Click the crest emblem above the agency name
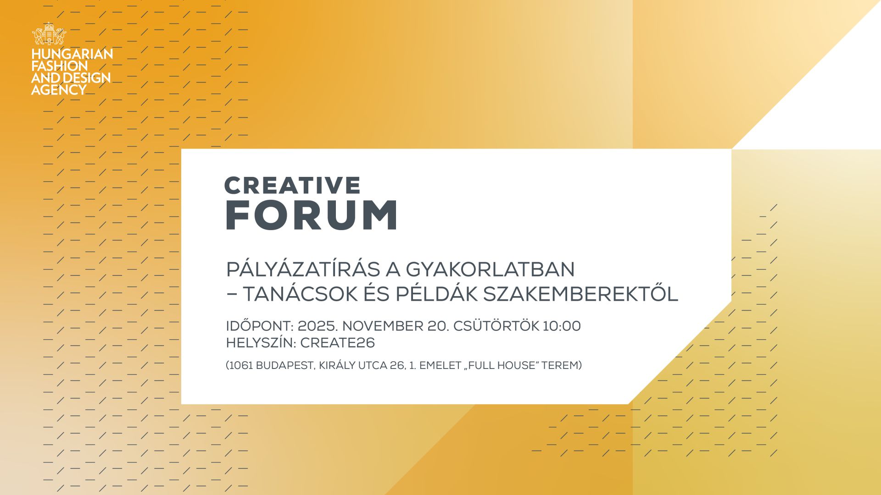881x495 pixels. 49,34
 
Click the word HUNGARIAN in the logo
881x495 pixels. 72,55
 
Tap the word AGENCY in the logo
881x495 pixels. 59,90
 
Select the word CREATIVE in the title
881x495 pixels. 292,186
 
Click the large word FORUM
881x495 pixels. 312,215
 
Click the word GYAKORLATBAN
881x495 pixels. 490,269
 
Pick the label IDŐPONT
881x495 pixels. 259,326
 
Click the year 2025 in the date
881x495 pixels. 317,326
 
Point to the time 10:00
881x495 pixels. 562,326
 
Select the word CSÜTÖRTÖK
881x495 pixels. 496,326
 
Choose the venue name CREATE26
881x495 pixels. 337,343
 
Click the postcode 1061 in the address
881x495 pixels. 240,366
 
